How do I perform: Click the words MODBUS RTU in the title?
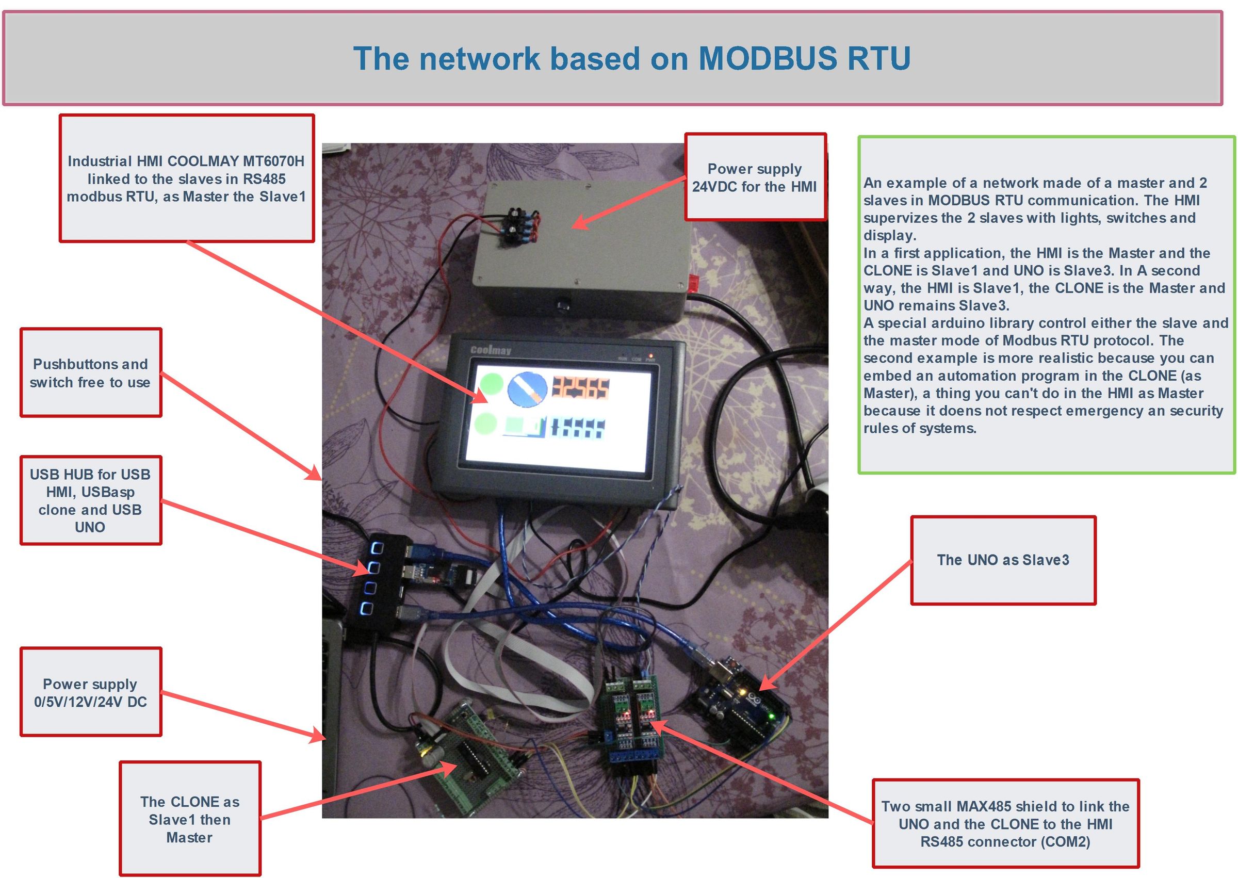tap(804, 58)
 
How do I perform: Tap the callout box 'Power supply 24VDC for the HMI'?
tap(755, 177)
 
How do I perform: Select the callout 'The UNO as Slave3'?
tap(1003, 560)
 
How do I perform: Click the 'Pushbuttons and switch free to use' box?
tap(90, 372)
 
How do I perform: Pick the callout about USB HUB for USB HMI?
tap(90, 500)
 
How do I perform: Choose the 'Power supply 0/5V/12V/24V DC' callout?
tap(90, 692)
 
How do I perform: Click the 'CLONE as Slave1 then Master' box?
tap(189, 819)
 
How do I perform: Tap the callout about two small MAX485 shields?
tap(1005, 823)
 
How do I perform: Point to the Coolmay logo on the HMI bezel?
tap(491, 350)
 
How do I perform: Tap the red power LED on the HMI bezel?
tap(651, 355)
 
